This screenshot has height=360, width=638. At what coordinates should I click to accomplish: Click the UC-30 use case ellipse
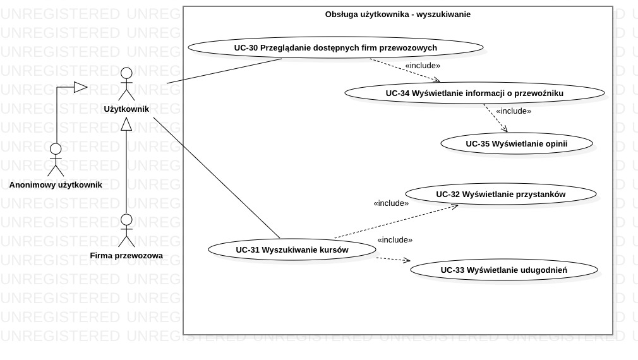[x=335, y=47]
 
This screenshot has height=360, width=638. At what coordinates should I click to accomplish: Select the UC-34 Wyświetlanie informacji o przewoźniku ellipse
[x=474, y=93]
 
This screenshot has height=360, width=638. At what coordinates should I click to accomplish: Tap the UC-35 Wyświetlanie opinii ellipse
[x=516, y=144]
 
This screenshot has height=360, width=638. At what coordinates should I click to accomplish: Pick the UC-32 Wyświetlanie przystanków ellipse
[x=500, y=195]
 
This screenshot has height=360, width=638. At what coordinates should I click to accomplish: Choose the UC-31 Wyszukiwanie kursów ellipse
[x=292, y=249]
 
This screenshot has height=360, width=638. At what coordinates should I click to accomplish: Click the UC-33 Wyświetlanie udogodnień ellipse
[x=503, y=270]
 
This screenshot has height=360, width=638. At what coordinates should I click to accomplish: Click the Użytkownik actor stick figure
[x=127, y=83]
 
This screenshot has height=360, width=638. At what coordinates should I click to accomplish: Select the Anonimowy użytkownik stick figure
[x=56, y=160]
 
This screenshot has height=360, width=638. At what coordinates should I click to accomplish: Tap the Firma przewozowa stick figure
[x=127, y=231]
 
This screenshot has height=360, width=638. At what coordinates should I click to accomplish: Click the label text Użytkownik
[x=126, y=109]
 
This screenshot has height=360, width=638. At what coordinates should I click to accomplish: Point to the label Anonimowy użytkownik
[x=56, y=185]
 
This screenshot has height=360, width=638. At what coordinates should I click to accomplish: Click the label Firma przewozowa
[x=126, y=256]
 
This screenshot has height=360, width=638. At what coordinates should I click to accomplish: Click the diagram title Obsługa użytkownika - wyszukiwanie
[x=397, y=15]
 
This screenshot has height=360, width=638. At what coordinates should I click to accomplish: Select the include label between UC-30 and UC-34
[x=423, y=65]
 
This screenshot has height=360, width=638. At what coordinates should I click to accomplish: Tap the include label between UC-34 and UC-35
[x=513, y=111]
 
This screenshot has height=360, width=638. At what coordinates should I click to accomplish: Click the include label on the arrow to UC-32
[x=391, y=203]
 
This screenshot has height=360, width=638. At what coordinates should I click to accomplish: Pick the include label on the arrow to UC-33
[x=395, y=240]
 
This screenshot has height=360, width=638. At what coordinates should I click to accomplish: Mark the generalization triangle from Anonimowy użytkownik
[x=80, y=87]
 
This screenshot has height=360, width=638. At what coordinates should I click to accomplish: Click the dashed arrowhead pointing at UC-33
[x=407, y=260]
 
